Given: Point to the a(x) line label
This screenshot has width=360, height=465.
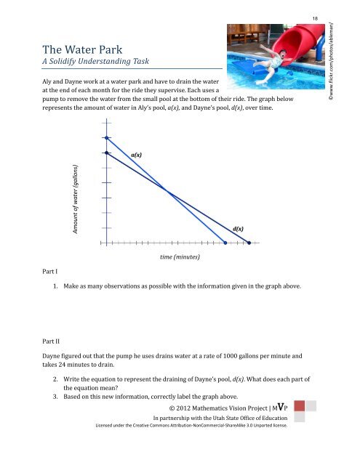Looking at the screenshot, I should click(x=136, y=155).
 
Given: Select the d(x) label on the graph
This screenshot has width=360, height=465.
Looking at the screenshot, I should click(x=238, y=228).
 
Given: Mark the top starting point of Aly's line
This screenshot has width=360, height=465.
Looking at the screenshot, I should click(x=106, y=137).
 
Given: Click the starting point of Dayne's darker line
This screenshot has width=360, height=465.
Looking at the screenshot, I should click(x=106, y=153).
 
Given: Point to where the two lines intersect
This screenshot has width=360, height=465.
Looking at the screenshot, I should click(x=167, y=192).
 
